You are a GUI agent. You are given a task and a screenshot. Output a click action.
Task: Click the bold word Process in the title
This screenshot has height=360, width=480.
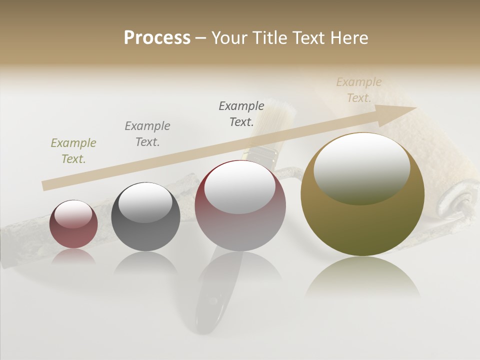[157, 38]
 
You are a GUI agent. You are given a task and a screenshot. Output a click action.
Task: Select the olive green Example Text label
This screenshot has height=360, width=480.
[73, 151]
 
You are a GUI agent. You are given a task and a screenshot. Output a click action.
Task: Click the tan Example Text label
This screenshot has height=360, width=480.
[359, 90]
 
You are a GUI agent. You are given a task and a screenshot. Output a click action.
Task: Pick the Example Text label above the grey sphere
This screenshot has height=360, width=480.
[147, 133]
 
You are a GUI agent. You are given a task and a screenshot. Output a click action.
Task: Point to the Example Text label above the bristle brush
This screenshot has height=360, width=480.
[241, 114]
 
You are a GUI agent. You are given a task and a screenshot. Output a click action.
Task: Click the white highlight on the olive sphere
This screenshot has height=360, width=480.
[361, 167]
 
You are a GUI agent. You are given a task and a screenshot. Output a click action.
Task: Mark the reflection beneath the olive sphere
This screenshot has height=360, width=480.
[362, 277]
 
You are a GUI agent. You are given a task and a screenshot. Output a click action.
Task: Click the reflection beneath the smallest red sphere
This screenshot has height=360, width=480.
[73, 256]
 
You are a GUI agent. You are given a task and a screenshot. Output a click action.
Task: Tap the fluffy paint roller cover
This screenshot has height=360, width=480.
[440, 150]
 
